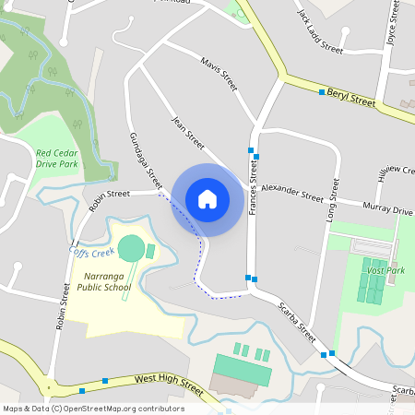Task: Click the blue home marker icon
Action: (x=207, y=199)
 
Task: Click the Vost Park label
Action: (x=385, y=270)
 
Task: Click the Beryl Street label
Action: (x=351, y=99)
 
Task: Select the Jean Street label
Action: (x=188, y=134)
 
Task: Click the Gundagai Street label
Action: (x=146, y=161)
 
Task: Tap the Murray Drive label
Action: (x=388, y=209)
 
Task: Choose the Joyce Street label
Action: (x=394, y=27)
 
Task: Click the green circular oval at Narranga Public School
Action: (x=132, y=248)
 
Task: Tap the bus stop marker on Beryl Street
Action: (x=322, y=92)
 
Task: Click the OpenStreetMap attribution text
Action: (x=93, y=409)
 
